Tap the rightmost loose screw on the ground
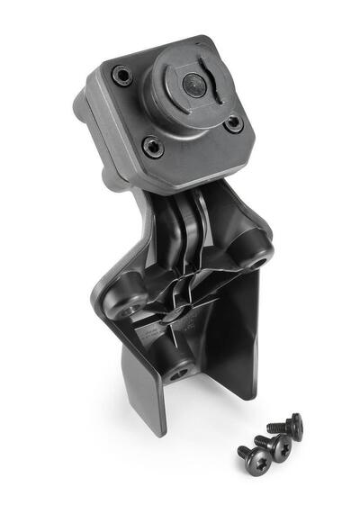(x=292, y=425)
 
